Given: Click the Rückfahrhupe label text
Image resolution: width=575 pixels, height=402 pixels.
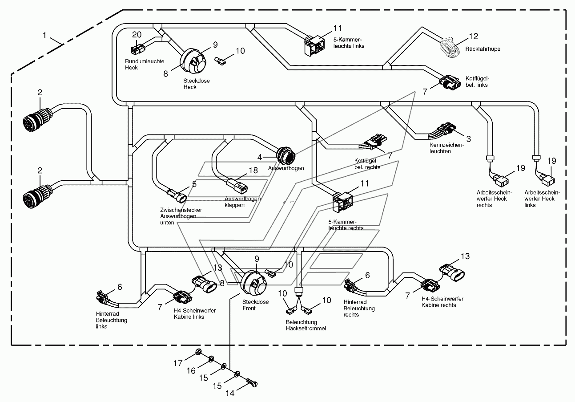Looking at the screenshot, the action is click(483, 49).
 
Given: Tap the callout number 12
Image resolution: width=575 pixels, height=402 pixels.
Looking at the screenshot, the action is click(474, 37).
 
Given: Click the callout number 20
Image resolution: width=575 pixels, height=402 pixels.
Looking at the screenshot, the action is click(137, 34).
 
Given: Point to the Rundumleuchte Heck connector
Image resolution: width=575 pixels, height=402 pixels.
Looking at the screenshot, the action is click(137, 49).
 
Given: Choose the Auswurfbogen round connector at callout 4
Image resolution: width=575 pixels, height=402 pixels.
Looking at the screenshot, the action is click(285, 155).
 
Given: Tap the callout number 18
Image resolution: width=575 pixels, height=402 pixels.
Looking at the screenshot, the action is click(253, 170).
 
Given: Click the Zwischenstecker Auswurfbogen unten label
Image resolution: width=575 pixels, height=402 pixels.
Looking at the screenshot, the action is click(181, 216).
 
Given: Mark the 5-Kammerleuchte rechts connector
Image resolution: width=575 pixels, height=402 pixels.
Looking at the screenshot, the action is click(343, 202).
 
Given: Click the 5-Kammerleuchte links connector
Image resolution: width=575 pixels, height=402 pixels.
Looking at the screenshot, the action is click(314, 45).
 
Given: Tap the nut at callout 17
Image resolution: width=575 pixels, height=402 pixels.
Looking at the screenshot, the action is click(197, 352).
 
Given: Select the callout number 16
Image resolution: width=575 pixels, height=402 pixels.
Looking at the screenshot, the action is click(191, 371).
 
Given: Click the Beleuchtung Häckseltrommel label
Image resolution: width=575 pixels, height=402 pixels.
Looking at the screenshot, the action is click(306, 325).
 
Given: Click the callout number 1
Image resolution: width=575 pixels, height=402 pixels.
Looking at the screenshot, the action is click(44, 35).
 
